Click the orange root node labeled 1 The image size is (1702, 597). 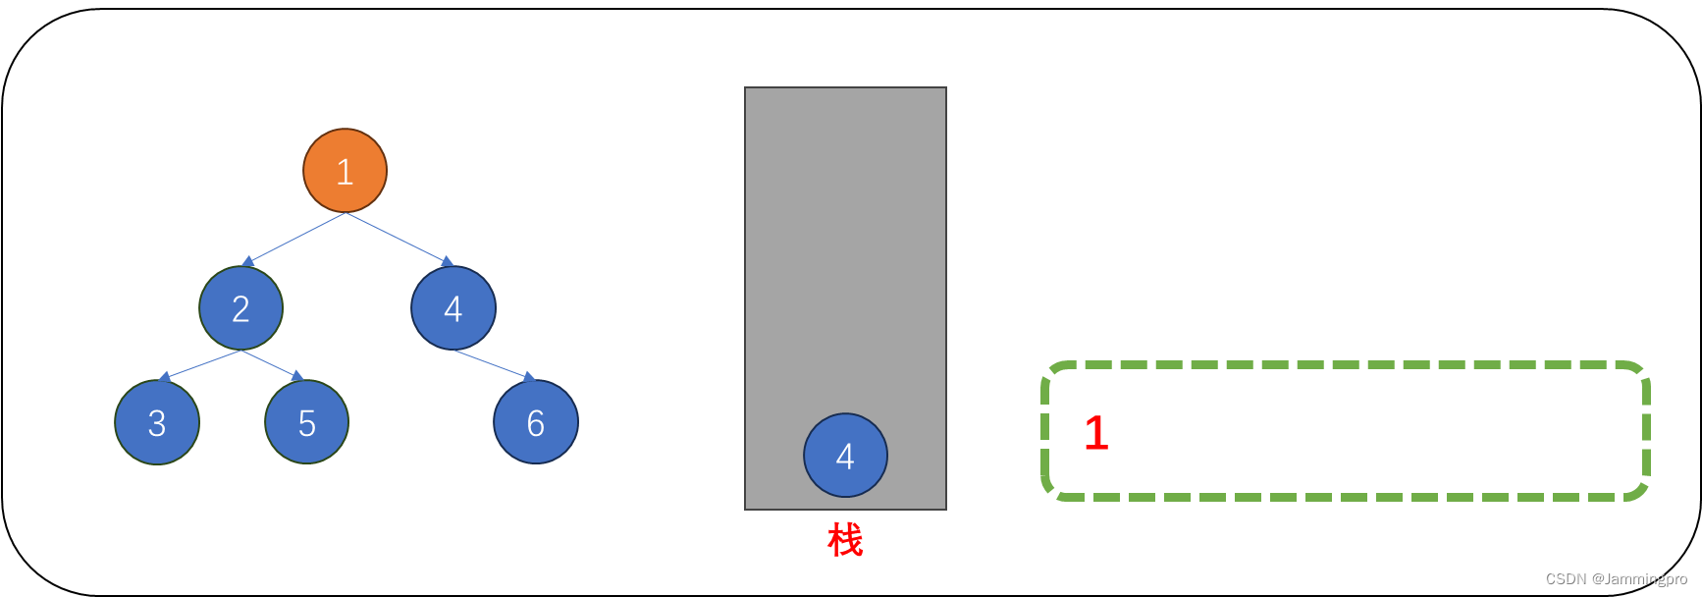(345, 171)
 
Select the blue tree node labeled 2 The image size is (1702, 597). (240, 308)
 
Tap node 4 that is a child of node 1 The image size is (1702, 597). (452, 308)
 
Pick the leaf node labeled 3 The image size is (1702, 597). (157, 422)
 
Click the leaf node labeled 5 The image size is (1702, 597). (306, 422)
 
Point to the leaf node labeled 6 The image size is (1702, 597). (535, 422)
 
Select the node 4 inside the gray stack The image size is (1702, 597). (845, 456)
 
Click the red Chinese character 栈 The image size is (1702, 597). (844, 540)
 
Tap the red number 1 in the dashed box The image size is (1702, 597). (1095, 433)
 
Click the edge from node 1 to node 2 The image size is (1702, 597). (294, 239)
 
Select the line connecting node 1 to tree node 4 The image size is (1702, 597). (398, 239)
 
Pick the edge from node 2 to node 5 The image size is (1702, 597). (270, 363)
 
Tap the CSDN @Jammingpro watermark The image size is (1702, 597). (1616, 579)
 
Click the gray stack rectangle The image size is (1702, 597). (845, 245)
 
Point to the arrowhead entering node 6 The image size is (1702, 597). (529, 377)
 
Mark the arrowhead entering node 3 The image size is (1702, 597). (165, 378)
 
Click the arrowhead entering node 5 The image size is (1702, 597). (297, 376)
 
